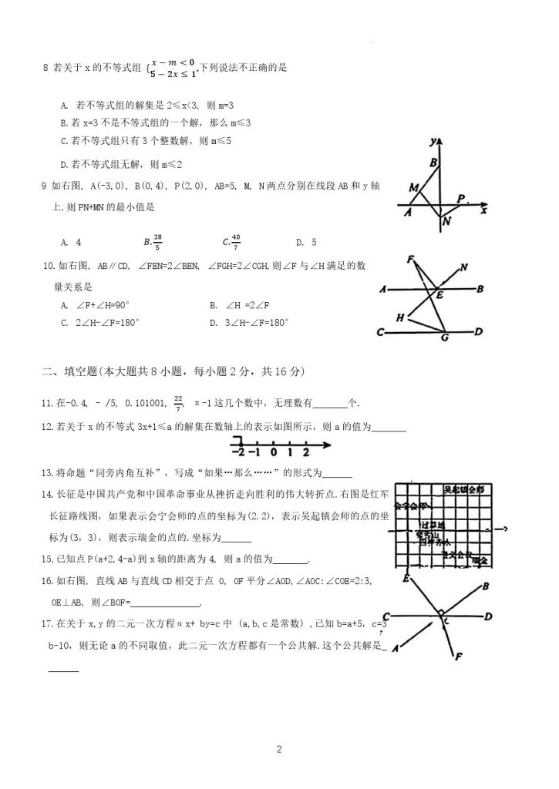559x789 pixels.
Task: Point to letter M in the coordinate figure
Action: [x=414, y=188]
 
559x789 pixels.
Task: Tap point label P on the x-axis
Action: [x=460, y=199]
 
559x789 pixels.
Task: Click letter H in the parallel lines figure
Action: [x=400, y=317]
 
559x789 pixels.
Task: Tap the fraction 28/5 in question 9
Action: [x=157, y=241]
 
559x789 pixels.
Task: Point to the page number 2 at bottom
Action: [x=280, y=748]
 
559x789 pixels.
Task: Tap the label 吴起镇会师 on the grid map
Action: [x=463, y=490]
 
